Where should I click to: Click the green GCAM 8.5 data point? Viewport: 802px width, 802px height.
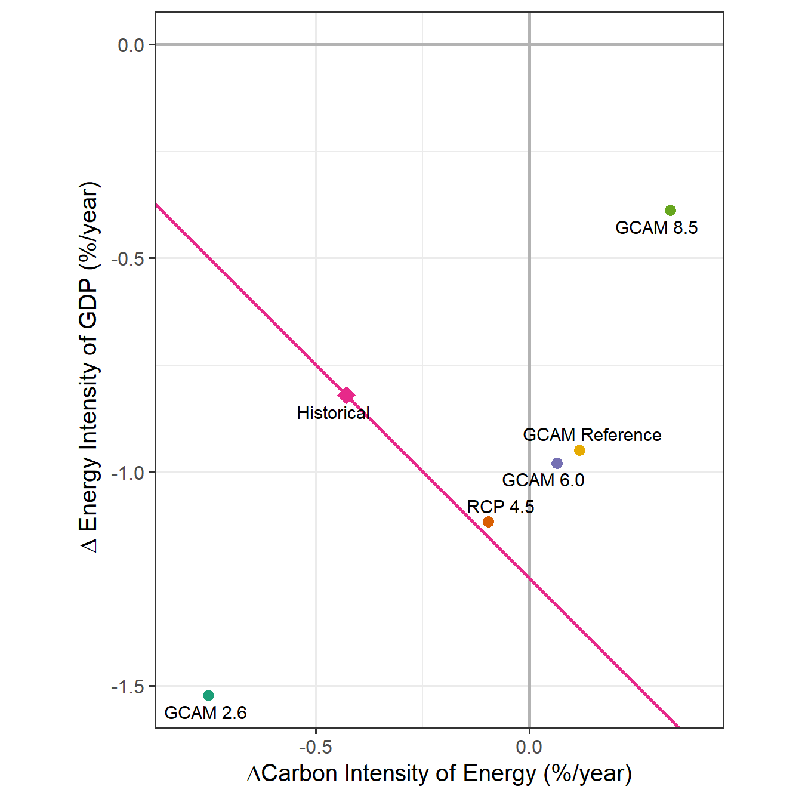click(x=670, y=210)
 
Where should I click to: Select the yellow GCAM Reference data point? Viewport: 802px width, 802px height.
click(x=579, y=450)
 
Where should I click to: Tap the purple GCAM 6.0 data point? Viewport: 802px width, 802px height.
click(x=557, y=463)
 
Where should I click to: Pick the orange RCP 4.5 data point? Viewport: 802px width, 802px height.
click(x=488, y=522)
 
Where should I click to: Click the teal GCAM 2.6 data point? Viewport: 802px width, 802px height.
click(x=208, y=695)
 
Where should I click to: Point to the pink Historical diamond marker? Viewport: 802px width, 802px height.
click(x=346, y=395)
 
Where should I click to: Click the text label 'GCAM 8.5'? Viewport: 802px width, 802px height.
click(x=656, y=228)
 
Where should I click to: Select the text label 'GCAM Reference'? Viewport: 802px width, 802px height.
click(x=592, y=434)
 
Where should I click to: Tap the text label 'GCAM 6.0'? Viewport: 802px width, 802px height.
click(x=543, y=480)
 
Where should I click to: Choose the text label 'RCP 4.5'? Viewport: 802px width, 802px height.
click(x=500, y=507)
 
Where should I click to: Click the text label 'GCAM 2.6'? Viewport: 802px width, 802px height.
click(x=205, y=712)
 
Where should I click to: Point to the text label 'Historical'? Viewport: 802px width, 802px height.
click(x=333, y=412)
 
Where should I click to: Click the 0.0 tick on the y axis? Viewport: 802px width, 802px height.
click(x=131, y=45)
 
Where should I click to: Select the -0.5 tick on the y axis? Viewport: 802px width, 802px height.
click(x=128, y=258)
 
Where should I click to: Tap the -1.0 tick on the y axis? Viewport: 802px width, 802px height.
click(x=128, y=473)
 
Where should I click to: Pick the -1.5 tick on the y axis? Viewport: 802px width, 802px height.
click(x=128, y=687)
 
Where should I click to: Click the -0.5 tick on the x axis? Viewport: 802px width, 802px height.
click(x=315, y=747)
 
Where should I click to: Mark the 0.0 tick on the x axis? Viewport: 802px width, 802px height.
click(x=529, y=747)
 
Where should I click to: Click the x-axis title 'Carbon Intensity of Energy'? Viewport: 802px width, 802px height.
click(x=439, y=773)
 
